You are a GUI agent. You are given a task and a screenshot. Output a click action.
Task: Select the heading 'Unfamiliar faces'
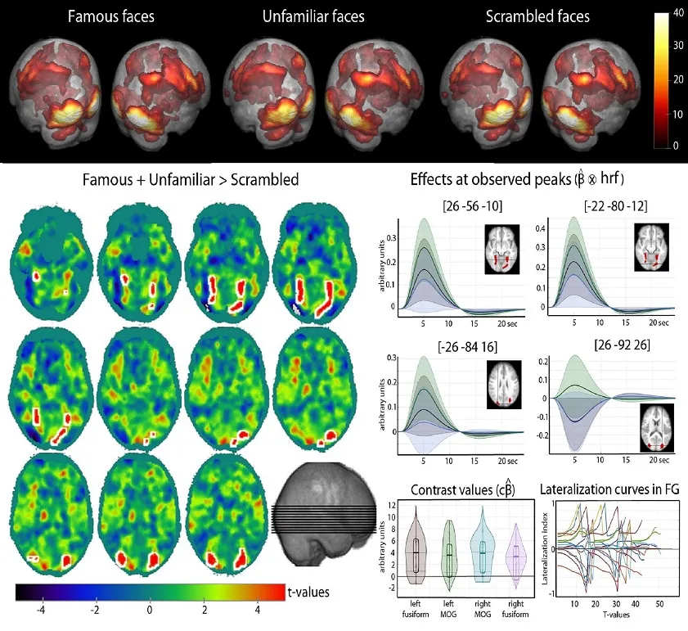(x=314, y=16)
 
